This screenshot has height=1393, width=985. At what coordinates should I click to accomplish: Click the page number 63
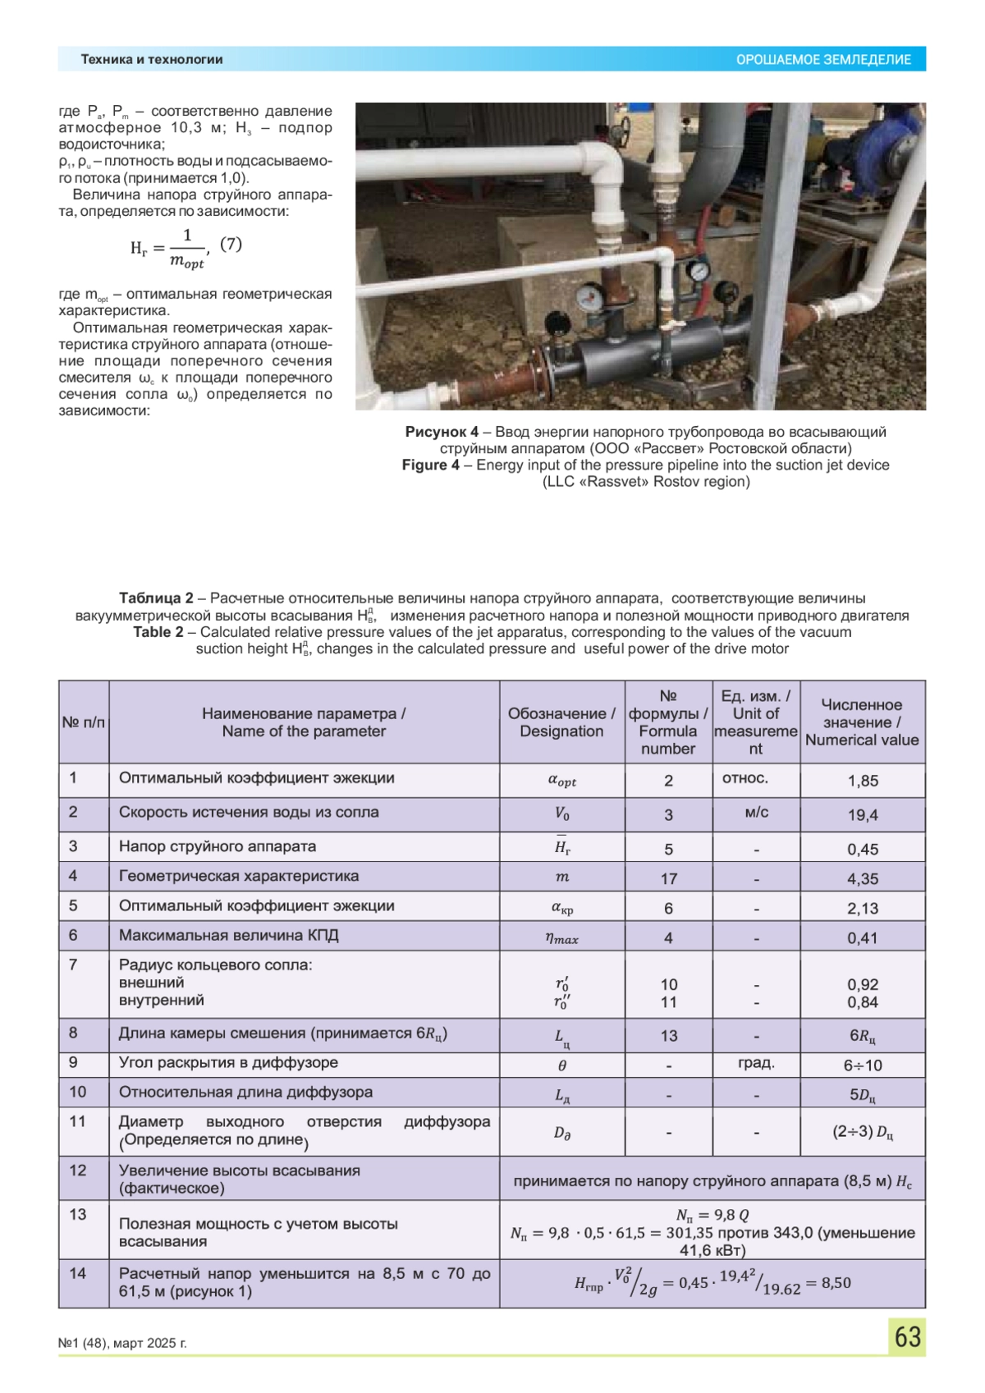tap(907, 1337)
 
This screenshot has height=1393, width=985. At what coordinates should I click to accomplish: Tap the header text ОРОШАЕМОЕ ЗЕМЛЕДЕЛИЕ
tap(822, 60)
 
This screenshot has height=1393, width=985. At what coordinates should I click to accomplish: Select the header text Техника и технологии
tap(152, 60)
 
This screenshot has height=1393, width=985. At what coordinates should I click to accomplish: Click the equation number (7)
tap(231, 244)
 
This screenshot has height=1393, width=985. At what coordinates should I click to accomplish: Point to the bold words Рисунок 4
tap(442, 432)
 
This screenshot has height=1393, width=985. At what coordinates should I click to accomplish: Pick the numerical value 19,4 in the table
tap(863, 815)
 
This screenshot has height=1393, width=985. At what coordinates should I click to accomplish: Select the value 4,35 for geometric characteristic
tap(863, 878)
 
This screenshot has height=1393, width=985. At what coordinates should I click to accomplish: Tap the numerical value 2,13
tap(863, 909)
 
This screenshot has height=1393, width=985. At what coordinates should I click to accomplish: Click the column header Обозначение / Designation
tap(561, 722)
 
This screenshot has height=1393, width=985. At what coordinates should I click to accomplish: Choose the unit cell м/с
tap(756, 813)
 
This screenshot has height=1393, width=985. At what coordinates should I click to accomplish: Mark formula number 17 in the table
tap(668, 878)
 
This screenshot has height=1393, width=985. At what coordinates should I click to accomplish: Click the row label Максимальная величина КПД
tap(228, 936)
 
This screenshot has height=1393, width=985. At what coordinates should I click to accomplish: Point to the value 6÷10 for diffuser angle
tap(863, 1065)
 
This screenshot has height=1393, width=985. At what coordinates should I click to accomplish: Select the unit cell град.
tap(756, 1063)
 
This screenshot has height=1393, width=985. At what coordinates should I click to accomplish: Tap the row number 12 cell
tap(77, 1171)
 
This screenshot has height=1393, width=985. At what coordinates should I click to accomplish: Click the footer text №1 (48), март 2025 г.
tap(122, 1344)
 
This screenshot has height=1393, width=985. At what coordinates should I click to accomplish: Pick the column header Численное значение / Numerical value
tap(862, 722)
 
